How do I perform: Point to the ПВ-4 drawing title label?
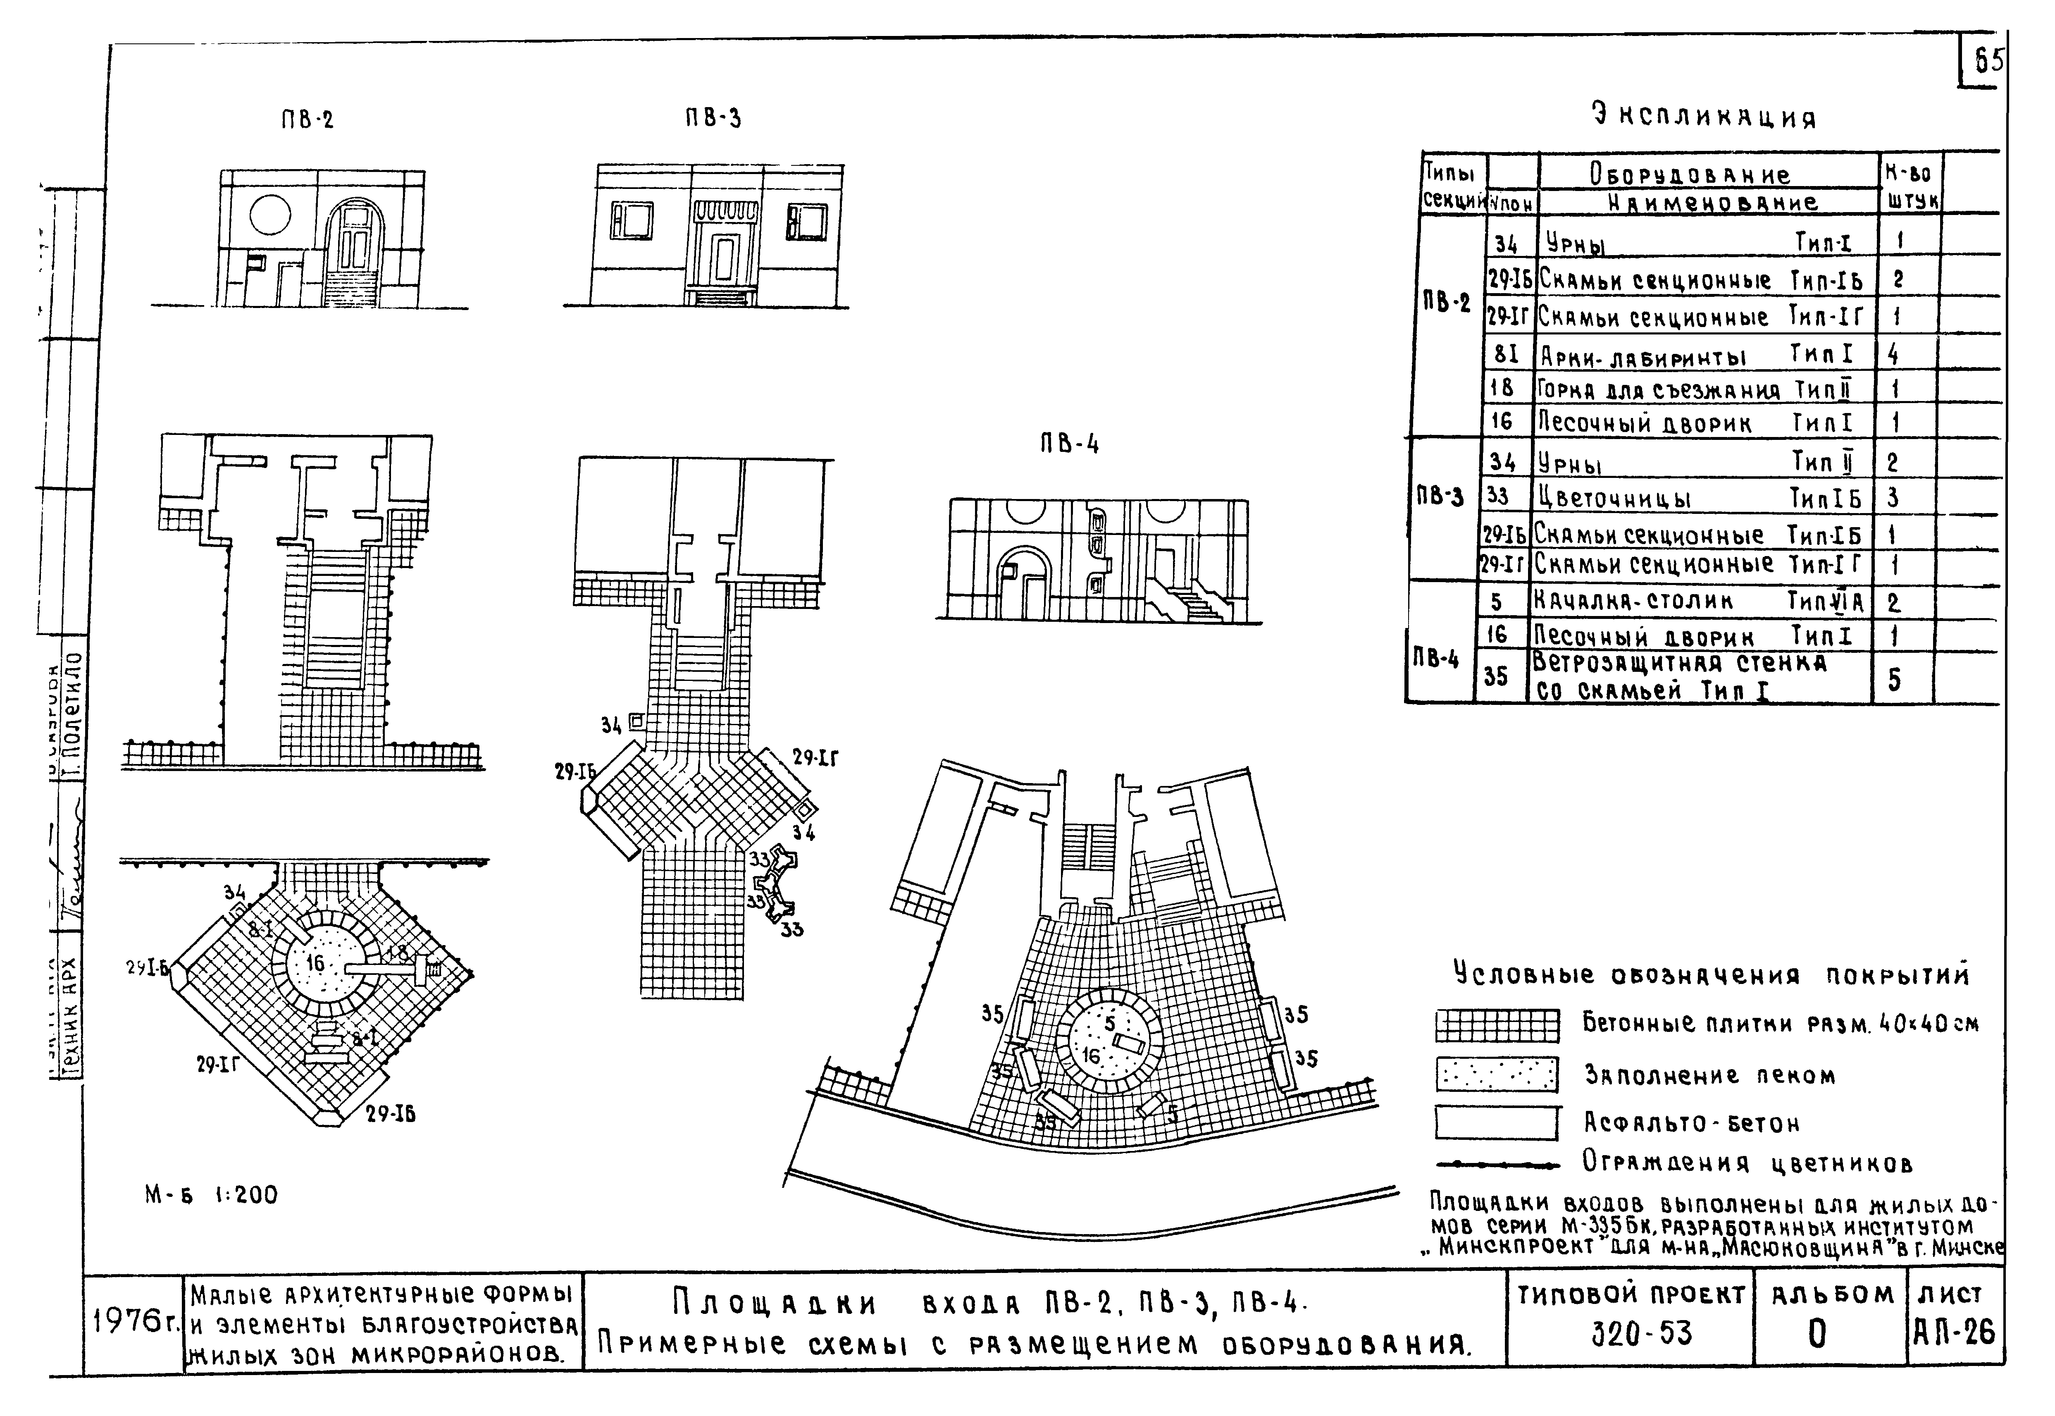[1070, 444]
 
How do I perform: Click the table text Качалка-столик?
[1634, 602]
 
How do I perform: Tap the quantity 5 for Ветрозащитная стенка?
[1893, 680]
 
